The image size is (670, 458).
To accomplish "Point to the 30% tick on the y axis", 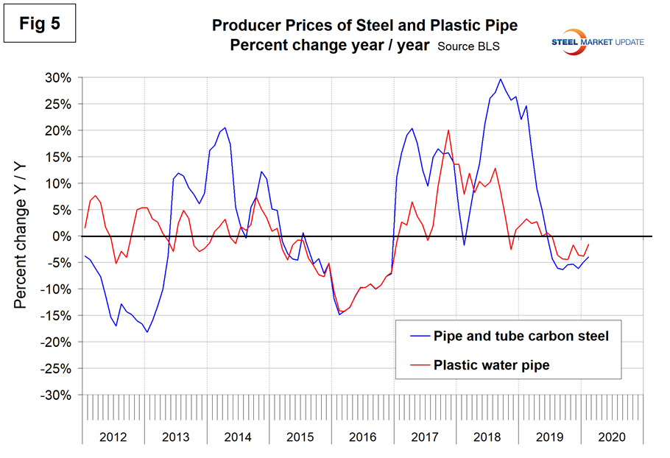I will (58, 77).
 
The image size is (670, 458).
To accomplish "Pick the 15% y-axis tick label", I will (58, 157).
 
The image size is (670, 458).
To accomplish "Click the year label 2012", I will (113, 437).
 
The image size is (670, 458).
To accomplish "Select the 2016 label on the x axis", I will (363, 437).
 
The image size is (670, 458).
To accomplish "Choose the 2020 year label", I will (612, 437).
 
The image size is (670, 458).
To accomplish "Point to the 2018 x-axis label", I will (487, 437).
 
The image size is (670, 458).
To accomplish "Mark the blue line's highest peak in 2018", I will (501, 79).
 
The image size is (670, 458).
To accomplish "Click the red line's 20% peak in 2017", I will (448, 130).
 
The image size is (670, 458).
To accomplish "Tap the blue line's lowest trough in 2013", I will (147, 332).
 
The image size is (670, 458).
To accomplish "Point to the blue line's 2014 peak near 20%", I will (225, 127).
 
